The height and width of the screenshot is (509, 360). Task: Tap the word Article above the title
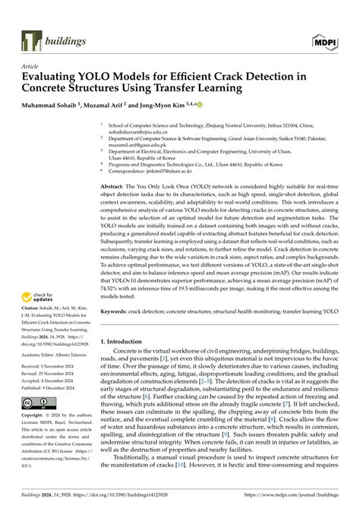(x=30, y=66)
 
